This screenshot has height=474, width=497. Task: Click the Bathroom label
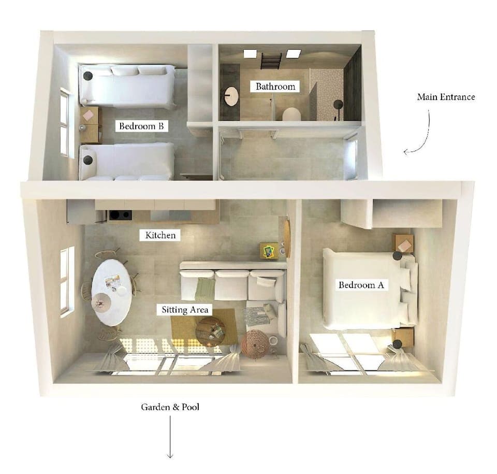click(x=275, y=87)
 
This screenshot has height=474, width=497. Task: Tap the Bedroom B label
click(x=143, y=126)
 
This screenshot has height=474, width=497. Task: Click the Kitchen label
click(x=160, y=235)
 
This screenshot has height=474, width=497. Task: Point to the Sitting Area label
click(x=185, y=310)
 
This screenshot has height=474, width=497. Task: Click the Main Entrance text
click(x=446, y=97)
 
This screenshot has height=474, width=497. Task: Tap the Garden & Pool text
click(x=170, y=407)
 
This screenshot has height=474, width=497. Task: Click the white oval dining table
click(x=111, y=292)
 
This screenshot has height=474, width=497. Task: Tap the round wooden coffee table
click(x=210, y=331)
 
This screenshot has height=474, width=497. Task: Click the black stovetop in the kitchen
click(x=120, y=215)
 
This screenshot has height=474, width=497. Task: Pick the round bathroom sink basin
click(x=231, y=96)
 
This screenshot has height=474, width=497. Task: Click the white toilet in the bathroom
click(x=291, y=114)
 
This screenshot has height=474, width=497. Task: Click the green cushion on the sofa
click(x=204, y=288)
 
